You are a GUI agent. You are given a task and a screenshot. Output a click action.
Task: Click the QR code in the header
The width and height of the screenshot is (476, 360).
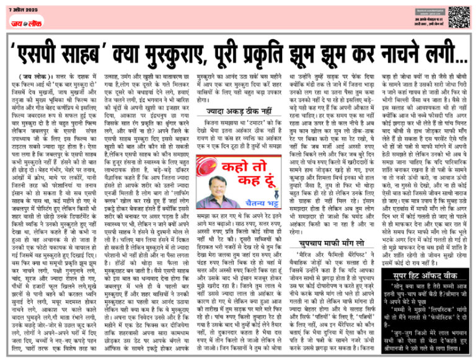point(459,14)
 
